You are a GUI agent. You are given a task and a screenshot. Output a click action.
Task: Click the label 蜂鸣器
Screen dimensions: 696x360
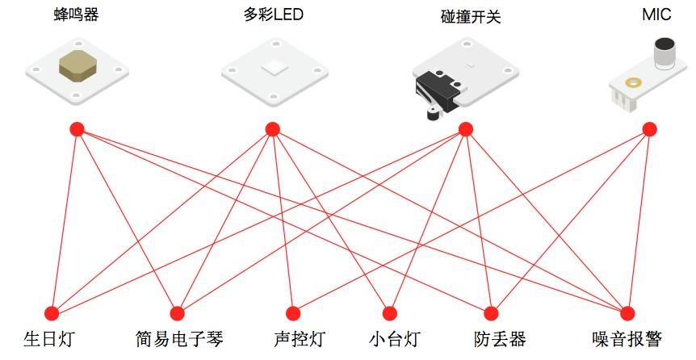click(x=77, y=15)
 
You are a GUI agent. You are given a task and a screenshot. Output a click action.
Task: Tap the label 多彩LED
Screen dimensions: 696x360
click(x=273, y=15)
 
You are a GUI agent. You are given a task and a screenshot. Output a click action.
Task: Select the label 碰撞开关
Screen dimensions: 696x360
click(x=471, y=16)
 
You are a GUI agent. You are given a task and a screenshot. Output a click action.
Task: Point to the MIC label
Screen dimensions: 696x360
click(x=656, y=15)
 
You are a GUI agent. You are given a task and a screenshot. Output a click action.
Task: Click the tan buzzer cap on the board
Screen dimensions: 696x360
click(x=78, y=66)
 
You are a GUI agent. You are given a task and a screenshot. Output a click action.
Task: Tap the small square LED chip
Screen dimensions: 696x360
click(x=274, y=67)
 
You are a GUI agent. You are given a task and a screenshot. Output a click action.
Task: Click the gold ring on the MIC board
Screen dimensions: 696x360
click(x=633, y=82)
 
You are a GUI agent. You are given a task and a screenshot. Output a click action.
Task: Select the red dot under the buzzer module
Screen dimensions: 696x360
click(x=77, y=129)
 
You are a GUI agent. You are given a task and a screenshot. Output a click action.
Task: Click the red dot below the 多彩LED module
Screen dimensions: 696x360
click(x=273, y=129)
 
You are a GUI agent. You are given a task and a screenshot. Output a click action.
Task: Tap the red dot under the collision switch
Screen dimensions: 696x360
click(x=465, y=129)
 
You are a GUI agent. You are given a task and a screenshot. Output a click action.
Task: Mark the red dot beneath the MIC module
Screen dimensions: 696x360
click(x=649, y=129)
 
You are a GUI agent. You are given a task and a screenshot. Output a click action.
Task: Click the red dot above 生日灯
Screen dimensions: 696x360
click(x=52, y=313)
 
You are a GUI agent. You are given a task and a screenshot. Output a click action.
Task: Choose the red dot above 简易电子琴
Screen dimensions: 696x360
click(x=177, y=313)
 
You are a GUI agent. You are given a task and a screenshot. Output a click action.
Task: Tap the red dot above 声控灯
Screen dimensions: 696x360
click(x=293, y=313)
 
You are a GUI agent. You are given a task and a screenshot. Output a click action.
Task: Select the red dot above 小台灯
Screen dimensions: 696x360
click(x=390, y=313)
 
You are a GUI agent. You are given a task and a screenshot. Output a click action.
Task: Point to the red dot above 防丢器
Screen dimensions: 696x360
click(x=491, y=313)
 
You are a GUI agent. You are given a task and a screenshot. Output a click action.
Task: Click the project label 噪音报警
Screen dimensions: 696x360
click(x=627, y=340)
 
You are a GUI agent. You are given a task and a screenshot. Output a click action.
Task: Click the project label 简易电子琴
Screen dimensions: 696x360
click(x=179, y=340)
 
